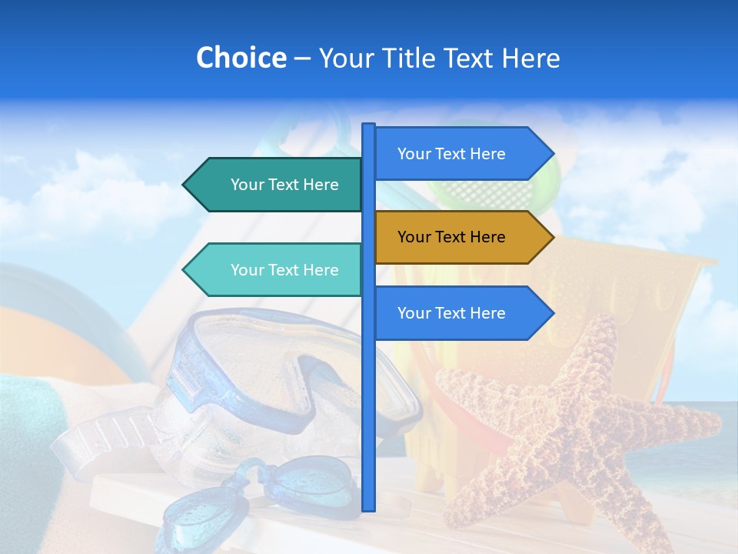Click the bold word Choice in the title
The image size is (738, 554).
coord(241,58)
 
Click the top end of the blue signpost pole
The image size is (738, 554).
coord(368,126)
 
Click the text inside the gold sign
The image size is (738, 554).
coord(451,237)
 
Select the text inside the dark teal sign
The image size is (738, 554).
coord(284,185)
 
